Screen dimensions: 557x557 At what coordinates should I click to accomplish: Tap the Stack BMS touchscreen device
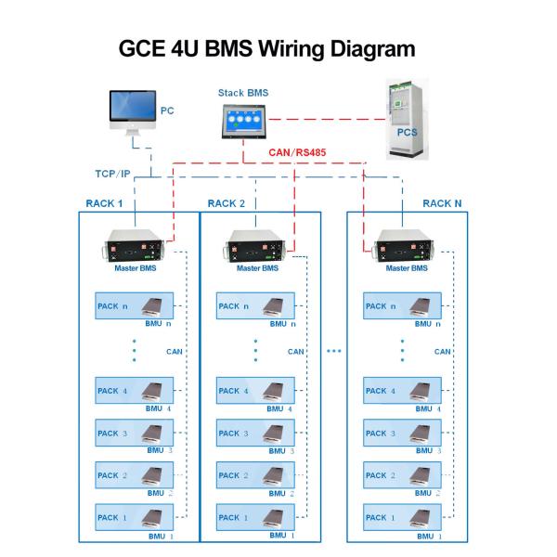pos(242,122)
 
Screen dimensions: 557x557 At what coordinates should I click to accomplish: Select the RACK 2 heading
pos(227,203)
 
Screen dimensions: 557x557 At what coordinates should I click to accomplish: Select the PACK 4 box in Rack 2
pos(255,391)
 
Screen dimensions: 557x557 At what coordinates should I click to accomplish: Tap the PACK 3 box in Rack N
pos(403,433)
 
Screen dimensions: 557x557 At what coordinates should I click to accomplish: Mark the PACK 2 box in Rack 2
pos(255,475)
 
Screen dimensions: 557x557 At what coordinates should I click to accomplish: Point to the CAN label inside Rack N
pos(443,352)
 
